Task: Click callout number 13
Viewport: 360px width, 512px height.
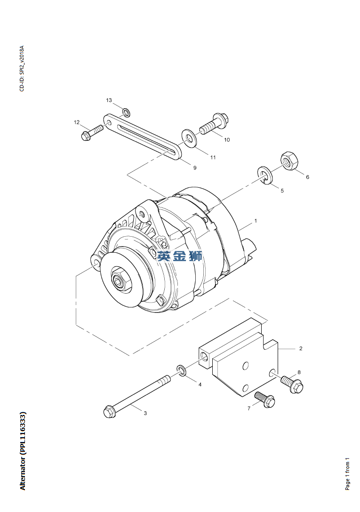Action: [109, 100]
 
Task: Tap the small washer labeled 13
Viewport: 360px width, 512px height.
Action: [127, 112]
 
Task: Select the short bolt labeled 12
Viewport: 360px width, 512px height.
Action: [92, 132]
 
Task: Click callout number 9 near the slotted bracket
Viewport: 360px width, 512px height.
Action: [195, 168]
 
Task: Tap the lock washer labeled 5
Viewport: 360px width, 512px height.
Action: [265, 176]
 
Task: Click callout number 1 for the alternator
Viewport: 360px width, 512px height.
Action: [256, 221]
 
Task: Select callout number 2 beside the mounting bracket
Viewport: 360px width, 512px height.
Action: [301, 348]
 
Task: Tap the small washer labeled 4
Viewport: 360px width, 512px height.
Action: [182, 370]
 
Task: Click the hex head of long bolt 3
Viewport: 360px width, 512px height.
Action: [110, 411]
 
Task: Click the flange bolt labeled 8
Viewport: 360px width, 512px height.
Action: [292, 384]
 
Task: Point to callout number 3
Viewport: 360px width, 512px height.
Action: [145, 413]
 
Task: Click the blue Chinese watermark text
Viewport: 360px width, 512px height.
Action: [179, 256]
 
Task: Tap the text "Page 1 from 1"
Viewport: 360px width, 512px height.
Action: [348, 473]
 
